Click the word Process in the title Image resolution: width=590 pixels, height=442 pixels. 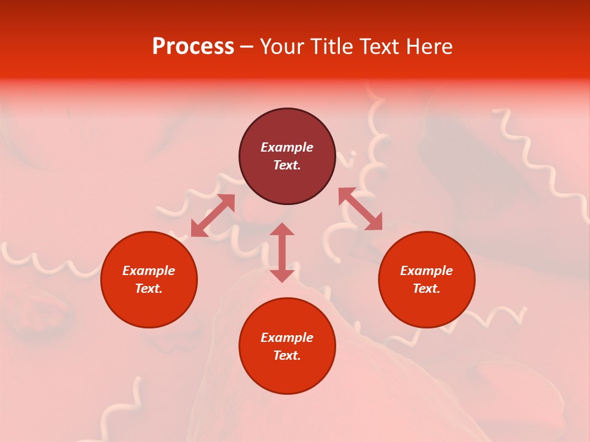click(x=193, y=47)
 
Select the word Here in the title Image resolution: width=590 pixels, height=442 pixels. click(x=428, y=47)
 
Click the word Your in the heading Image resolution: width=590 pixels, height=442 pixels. click(x=282, y=47)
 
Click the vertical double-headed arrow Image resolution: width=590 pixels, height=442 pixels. click(x=282, y=252)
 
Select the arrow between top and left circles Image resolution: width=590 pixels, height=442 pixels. click(x=213, y=215)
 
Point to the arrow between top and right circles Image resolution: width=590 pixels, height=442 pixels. click(x=360, y=209)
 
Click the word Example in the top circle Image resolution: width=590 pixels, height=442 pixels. click(x=287, y=147)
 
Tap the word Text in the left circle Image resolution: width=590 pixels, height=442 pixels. click(x=149, y=289)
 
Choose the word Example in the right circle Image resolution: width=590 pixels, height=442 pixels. click(x=427, y=271)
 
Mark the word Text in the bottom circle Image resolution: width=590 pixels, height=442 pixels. click(x=287, y=355)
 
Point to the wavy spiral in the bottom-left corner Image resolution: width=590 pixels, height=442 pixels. click(x=132, y=408)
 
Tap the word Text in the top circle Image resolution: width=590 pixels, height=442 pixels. click(x=287, y=165)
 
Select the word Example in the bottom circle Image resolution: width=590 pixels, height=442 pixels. click(x=287, y=338)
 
